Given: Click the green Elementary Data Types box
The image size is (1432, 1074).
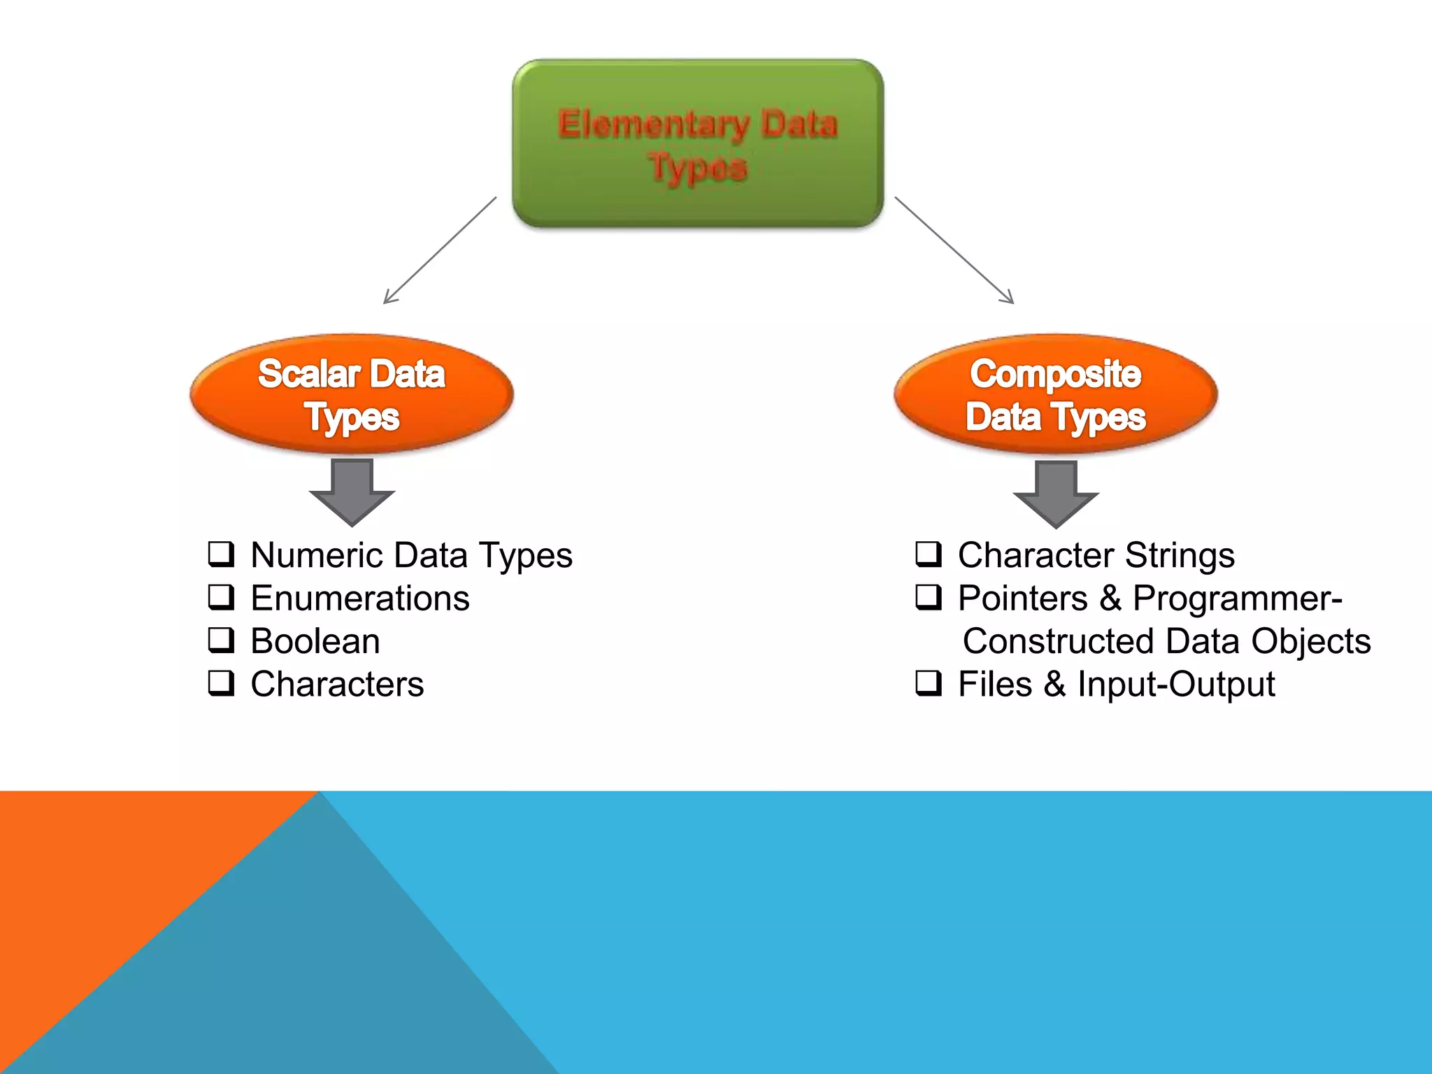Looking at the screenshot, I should [698, 143].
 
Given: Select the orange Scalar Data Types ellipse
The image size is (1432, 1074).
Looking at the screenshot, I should [352, 394].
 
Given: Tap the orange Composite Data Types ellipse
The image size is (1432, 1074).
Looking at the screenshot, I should [1056, 394].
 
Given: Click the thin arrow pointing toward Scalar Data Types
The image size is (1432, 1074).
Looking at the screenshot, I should [440, 250].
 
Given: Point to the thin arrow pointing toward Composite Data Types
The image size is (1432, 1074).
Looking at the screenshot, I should [954, 250].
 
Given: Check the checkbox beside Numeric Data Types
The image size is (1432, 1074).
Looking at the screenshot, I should [221, 554].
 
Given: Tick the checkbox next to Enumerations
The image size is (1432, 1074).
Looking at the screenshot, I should [221, 597].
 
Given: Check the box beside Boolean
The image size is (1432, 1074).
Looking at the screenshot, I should [221, 640].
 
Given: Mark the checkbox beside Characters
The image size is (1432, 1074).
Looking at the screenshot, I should [221, 683].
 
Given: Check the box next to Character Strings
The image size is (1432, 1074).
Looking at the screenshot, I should [929, 554].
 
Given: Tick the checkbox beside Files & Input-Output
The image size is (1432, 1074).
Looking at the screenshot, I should [929, 683].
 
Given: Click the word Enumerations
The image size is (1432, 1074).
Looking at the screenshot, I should [360, 599].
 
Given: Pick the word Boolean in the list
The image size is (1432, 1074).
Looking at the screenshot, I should [315, 641].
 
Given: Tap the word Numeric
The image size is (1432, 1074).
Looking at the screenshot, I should [317, 555].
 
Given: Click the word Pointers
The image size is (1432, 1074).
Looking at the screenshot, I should [1022, 599].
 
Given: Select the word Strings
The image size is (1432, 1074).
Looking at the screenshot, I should [1180, 557].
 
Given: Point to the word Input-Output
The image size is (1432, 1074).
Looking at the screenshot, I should [1176, 685].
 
